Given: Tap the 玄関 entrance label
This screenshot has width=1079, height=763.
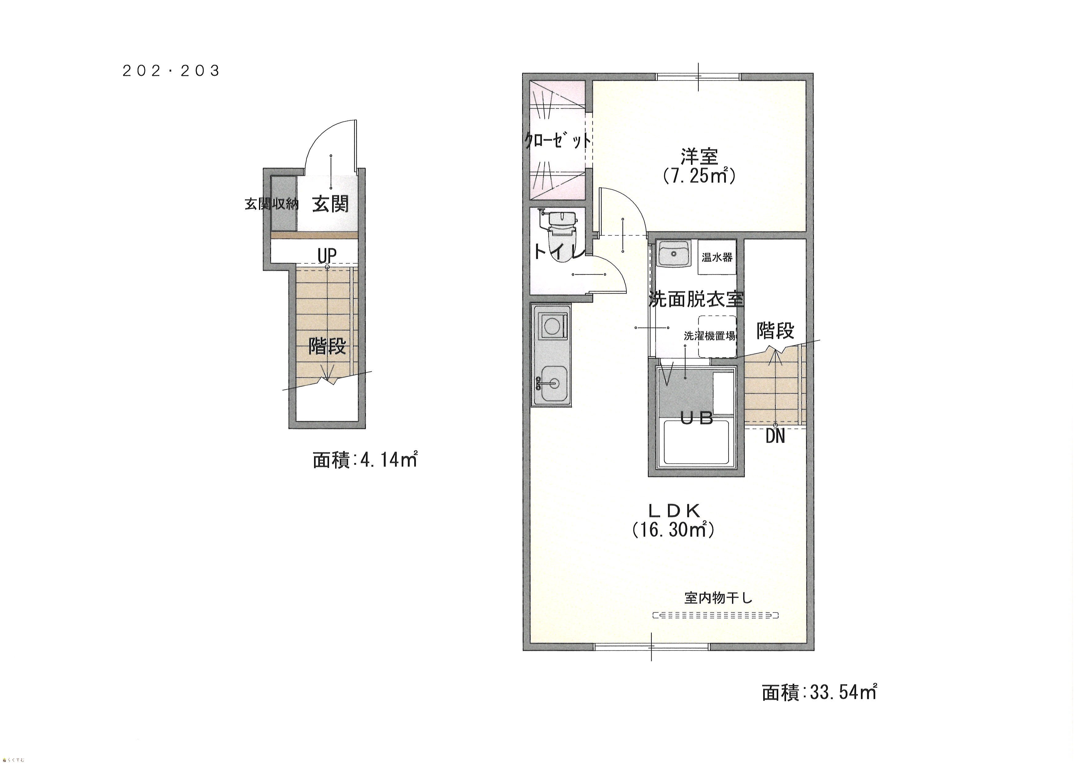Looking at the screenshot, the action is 330,204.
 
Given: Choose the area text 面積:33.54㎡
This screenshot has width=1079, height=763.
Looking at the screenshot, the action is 819,692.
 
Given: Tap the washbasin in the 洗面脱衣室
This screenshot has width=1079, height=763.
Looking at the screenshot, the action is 673,254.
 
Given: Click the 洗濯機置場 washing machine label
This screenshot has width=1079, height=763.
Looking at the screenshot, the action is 709,336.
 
